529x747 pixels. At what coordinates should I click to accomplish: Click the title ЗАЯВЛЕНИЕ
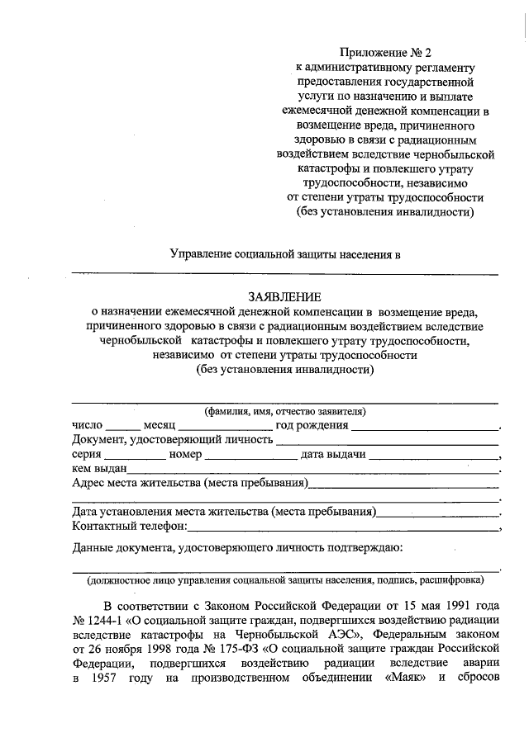pyautogui.click(x=285, y=295)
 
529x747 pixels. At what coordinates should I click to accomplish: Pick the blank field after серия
pyautogui.click(x=135, y=455)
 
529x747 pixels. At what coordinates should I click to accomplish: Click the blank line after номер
pyautogui.click(x=250, y=455)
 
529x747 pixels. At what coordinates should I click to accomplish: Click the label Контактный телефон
pyautogui.click(x=130, y=526)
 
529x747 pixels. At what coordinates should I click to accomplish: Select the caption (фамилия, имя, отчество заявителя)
pyautogui.click(x=285, y=411)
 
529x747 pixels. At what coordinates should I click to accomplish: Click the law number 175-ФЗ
pyautogui.click(x=217, y=649)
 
